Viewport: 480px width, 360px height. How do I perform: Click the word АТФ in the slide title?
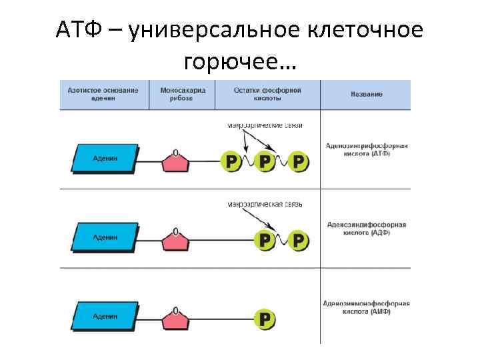coord(77,31)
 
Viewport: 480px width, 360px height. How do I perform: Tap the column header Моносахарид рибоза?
coord(177,94)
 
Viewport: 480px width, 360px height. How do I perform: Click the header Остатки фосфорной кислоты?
coord(267,94)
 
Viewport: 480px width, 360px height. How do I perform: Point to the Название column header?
coord(366,95)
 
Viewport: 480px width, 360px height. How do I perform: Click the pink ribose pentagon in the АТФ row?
coord(175,162)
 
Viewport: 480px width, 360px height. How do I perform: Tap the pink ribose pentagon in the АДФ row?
coord(175,240)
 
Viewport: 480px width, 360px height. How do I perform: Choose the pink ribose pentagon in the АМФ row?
coord(175,319)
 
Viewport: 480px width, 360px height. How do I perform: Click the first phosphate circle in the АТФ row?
coord(231,161)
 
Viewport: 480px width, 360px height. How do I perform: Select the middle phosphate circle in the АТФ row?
coord(265,161)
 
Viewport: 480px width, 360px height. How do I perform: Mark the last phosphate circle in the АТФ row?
coord(300,161)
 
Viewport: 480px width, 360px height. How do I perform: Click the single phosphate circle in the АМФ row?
coord(265,319)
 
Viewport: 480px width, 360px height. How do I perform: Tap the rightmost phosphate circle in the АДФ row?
coord(300,240)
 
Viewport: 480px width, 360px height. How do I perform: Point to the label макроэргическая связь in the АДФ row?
coord(265,204)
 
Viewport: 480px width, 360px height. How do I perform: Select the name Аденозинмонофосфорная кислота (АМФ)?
coord(367,307)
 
